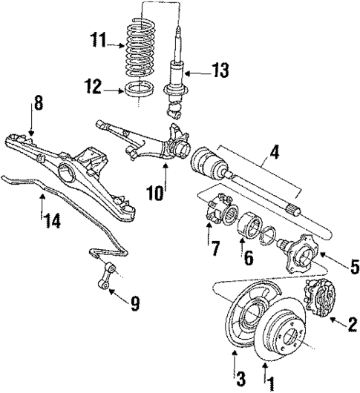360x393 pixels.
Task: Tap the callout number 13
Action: pos(220,72)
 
